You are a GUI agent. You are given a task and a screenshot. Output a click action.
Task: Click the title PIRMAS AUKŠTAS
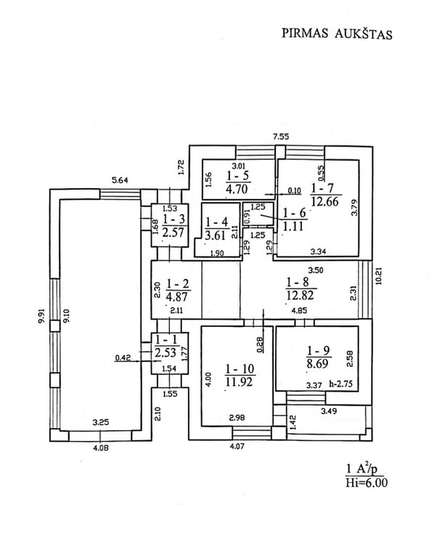337,33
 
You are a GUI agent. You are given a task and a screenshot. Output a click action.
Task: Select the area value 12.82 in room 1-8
301,295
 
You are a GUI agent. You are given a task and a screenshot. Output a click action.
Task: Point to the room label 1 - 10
240,368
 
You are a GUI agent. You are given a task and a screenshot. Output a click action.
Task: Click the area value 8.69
318,363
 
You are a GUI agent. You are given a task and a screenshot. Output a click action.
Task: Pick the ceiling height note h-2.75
342,384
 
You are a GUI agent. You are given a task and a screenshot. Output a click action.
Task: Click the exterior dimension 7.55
281,137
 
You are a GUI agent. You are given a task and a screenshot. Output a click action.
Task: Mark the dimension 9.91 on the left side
43,315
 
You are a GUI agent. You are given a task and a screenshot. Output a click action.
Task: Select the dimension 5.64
120,180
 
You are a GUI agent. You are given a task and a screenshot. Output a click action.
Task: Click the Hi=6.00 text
367,483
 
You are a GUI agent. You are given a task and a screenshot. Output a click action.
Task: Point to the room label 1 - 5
237,175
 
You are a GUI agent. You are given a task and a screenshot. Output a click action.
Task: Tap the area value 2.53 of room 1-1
166,352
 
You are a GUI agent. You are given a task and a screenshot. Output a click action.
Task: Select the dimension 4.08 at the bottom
101,448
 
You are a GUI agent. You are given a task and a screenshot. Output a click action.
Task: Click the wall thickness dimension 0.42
123,357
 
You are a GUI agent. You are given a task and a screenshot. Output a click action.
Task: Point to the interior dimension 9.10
67,315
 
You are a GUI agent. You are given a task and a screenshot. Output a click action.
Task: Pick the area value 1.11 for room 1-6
293,226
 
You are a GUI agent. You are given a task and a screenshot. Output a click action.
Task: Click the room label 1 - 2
178,283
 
